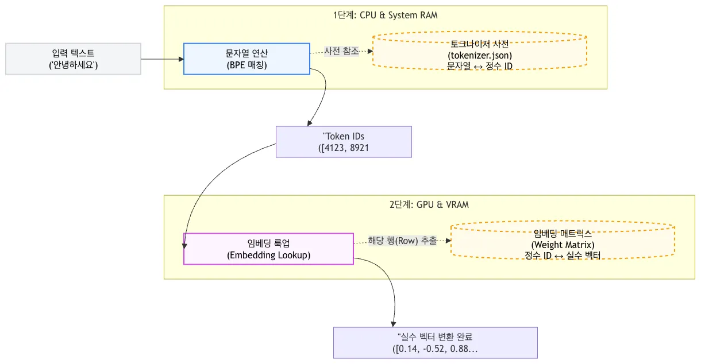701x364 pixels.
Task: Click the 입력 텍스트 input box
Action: point(73,59)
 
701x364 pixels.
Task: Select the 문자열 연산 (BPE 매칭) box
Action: point(246,59)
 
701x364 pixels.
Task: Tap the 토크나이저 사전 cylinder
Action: point(479,51)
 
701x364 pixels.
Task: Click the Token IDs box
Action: point(344,142)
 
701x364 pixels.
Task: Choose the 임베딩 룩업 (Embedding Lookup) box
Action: point(268,249)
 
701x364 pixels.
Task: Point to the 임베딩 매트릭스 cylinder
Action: point(563,240)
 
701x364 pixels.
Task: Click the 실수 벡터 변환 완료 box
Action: point(436,343)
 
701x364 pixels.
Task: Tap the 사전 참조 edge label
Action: point(341,51)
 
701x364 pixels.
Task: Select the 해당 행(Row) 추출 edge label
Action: point(402,241)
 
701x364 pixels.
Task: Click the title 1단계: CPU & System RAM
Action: point(385,15)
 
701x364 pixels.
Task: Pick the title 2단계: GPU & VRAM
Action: point(429,204)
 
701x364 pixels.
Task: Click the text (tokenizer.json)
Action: point(480,55)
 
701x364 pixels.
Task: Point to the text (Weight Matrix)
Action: point(563,245)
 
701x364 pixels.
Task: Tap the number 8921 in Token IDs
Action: point(359,148)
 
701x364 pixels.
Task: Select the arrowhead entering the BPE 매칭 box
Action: point(181,59)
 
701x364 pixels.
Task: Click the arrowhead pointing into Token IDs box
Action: point(310,123)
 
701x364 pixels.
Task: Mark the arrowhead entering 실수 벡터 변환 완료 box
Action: point(394,324)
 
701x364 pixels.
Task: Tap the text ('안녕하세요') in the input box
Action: point(73,65)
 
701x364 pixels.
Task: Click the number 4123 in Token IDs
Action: point(334,148)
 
